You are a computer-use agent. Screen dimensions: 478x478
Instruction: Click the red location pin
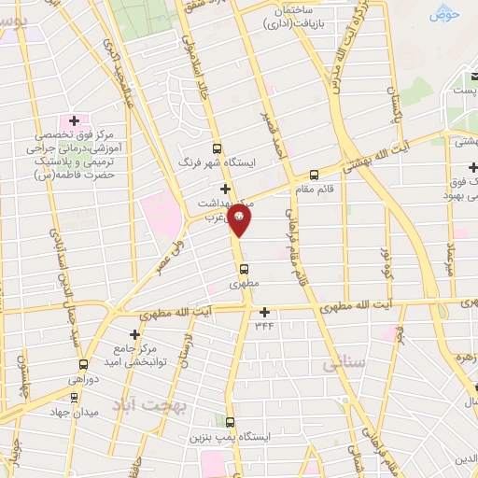(240, 219)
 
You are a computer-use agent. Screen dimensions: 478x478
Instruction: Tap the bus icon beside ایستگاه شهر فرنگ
(217, 148)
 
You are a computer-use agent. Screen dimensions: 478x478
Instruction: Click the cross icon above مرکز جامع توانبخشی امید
(135, 333)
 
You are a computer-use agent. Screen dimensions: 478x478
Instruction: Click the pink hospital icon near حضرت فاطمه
(73, 121)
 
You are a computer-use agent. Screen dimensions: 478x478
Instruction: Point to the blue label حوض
(445, 14)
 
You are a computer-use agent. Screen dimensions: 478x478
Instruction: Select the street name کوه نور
(385, 258)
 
